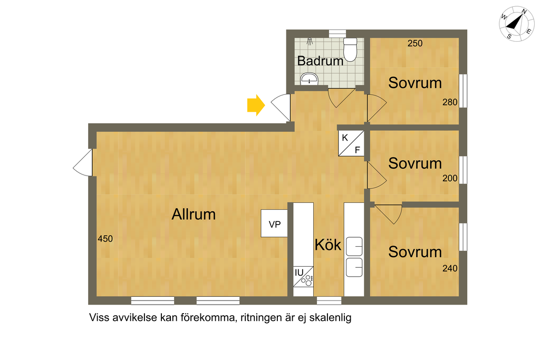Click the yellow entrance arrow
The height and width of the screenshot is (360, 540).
[256, 105]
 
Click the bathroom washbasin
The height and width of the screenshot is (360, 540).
[309, 80]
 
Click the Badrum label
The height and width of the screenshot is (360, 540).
[320, 61]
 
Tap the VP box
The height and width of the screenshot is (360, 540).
[274, 224]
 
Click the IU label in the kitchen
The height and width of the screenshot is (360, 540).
[299, 273]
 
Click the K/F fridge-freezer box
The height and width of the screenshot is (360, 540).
[351, 143]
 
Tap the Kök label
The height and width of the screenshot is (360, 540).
[328, 245]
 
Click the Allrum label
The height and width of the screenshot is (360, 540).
[194, 215]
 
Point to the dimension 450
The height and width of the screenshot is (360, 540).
[105, 239]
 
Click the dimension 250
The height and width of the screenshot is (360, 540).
[415, 44]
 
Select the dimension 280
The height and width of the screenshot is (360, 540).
[450, 102]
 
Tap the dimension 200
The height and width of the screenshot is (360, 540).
[450, 178]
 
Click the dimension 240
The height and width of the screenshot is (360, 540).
[450, 268]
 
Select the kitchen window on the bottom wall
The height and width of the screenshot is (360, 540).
[329, 300]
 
